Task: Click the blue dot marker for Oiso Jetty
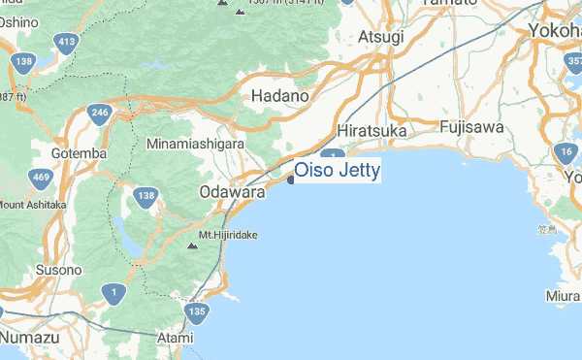291,178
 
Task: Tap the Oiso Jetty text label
337,172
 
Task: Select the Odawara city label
232,193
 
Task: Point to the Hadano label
279,97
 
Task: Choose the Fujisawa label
470,127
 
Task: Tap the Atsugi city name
380,37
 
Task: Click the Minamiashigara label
195,144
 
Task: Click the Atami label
177,336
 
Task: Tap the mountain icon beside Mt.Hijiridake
191,246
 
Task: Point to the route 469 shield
41,178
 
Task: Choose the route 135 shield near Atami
197,311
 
